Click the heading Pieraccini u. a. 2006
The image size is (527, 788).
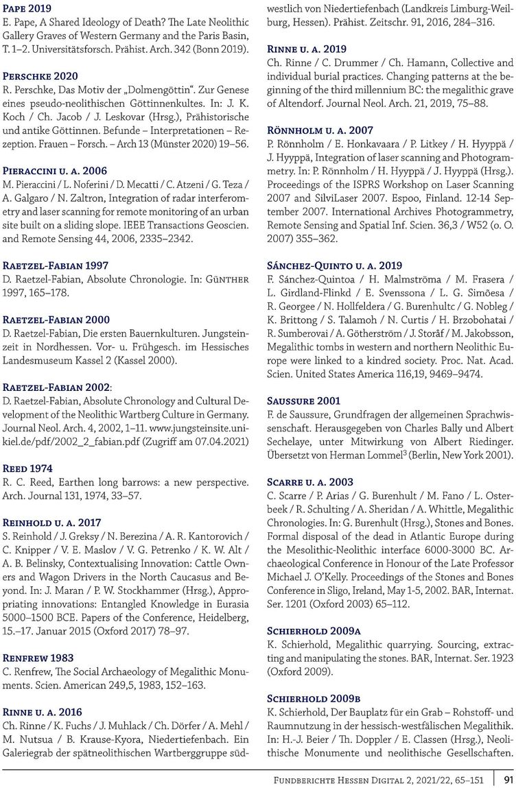coord(55,171)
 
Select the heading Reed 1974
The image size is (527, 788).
coord(27,468)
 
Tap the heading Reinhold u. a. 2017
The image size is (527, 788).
coord(51,523)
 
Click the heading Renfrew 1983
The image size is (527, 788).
coord(38,658)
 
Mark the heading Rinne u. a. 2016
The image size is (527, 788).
coord(42,712)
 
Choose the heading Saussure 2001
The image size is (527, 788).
coord(303,401)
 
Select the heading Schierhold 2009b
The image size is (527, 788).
coord(314,698)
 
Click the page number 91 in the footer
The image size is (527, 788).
coord(508,780)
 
